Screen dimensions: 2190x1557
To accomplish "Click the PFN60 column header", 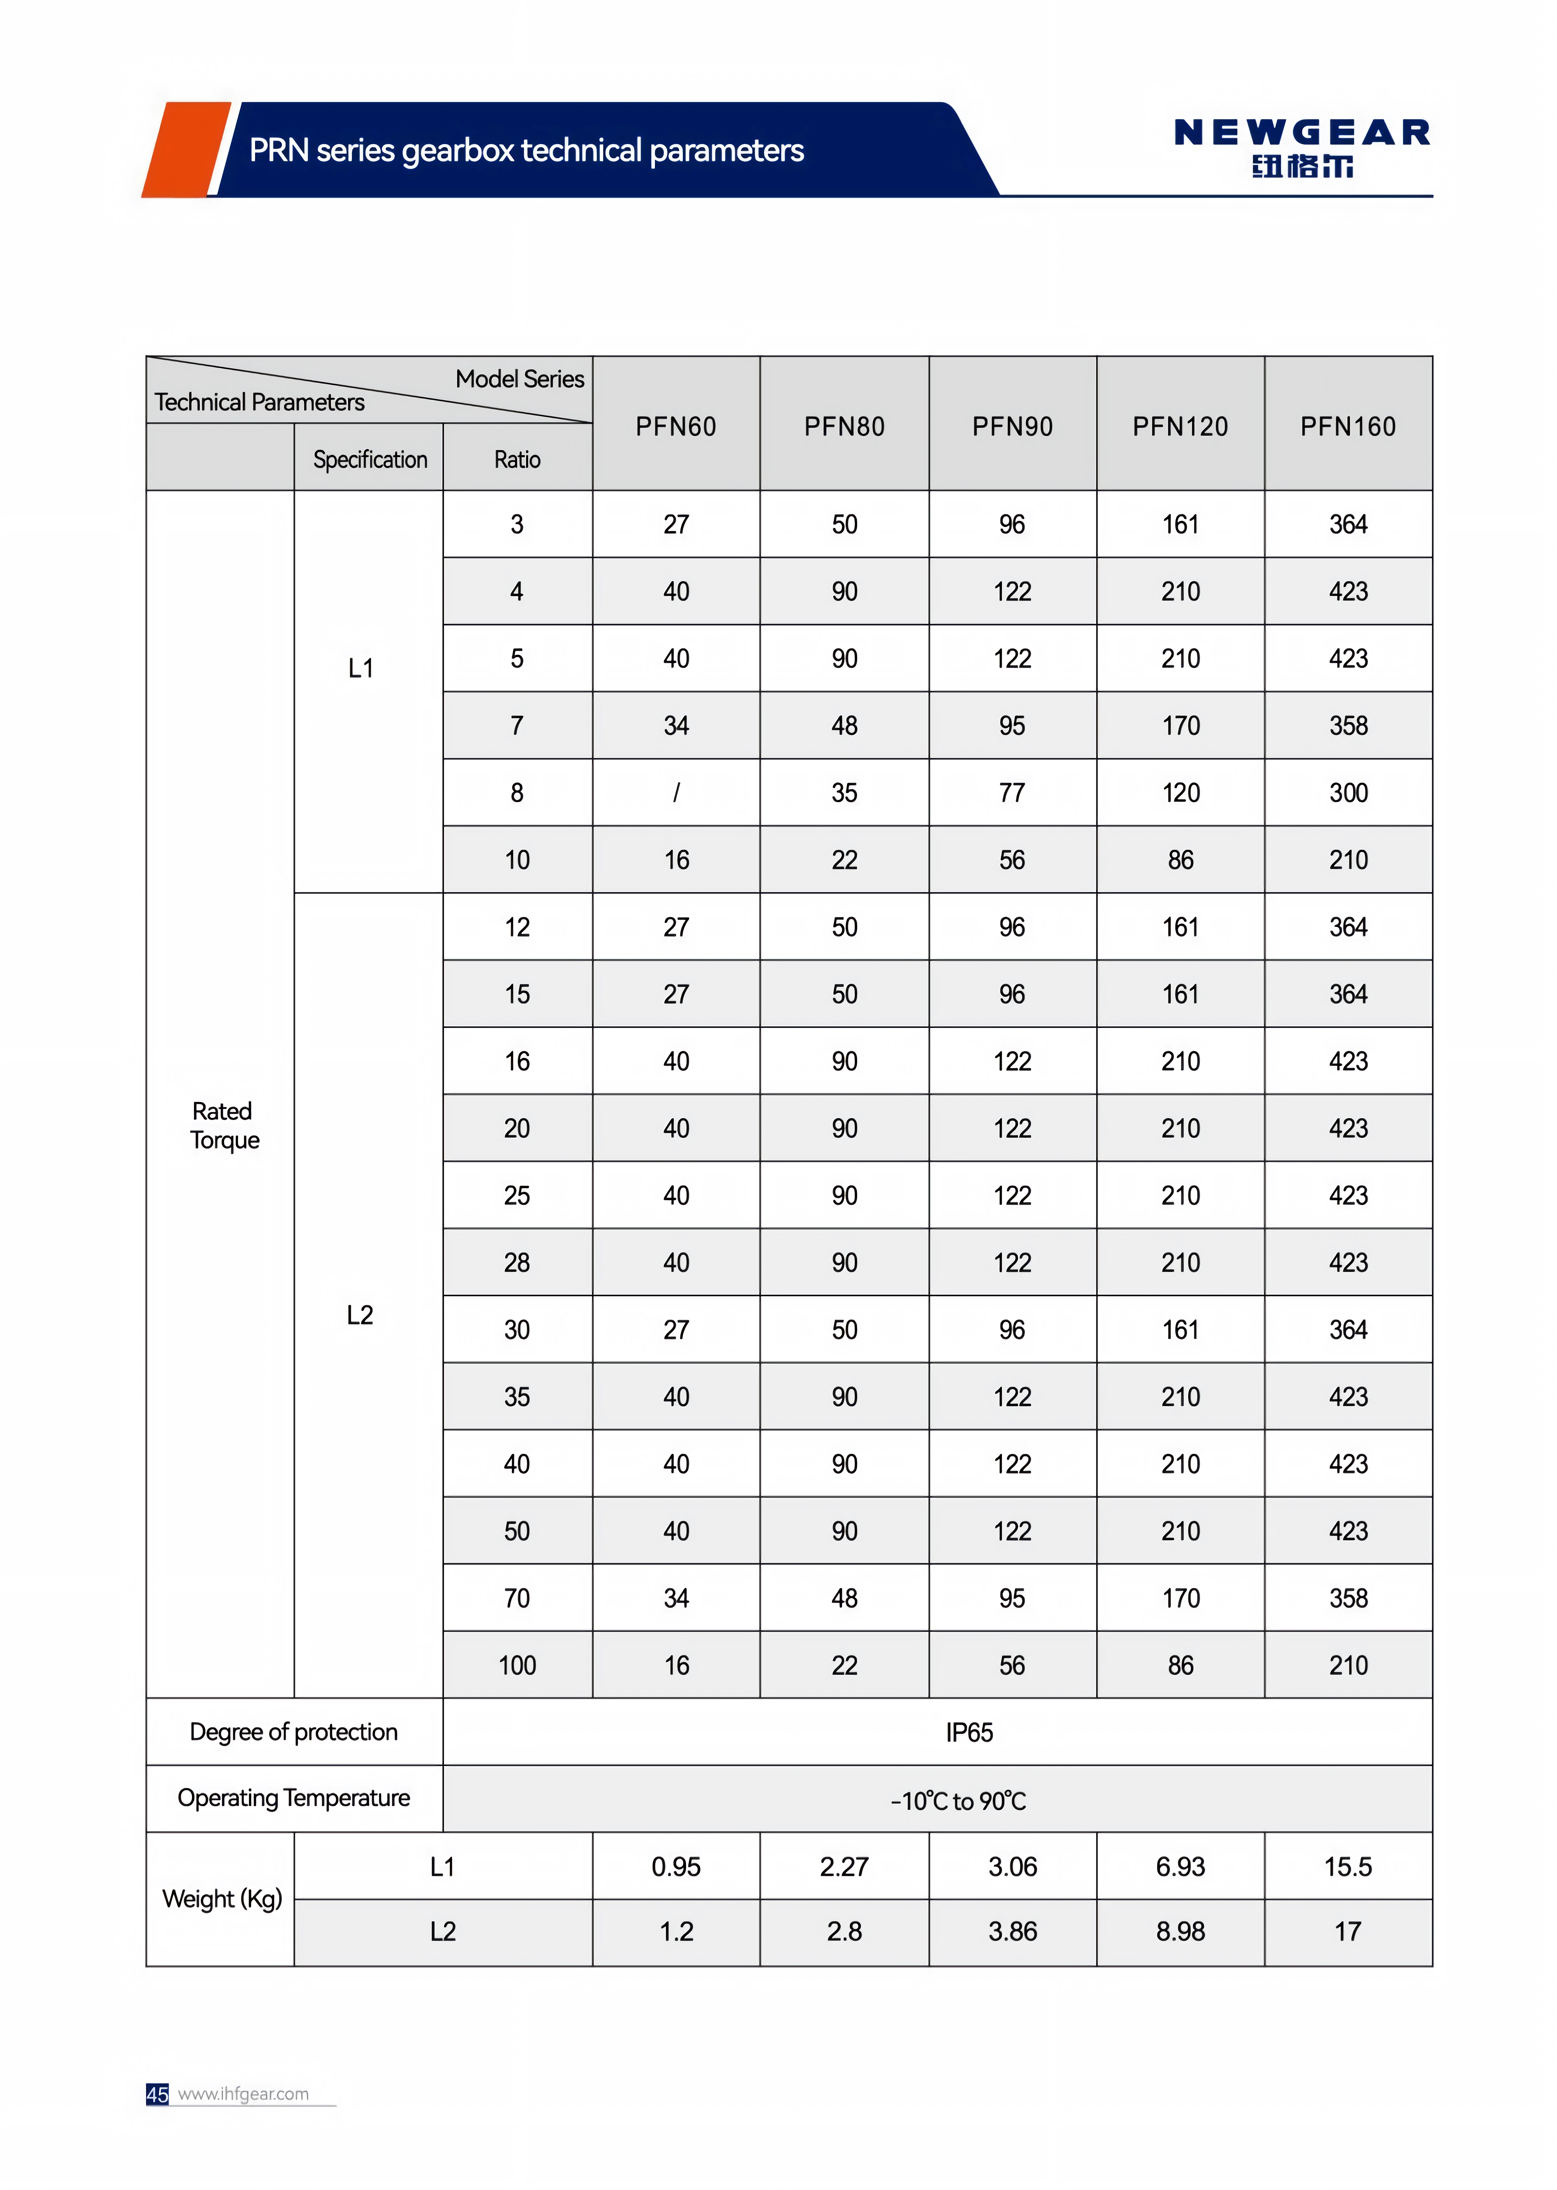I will coord(676,427).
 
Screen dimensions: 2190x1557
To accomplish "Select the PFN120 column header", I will coord(1180,427).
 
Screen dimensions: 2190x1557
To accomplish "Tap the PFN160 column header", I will coord(1348,427).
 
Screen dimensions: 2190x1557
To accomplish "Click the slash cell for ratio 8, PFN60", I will coord(676,793).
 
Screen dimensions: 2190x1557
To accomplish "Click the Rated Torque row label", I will coord(224,1125).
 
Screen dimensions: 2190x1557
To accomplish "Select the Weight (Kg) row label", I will coord(222,1898).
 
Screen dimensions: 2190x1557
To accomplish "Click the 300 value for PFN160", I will coord(1348,793).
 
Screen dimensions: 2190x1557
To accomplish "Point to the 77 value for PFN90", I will coord(1012,793).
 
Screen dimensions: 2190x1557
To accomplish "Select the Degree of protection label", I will coord(293,1732).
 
